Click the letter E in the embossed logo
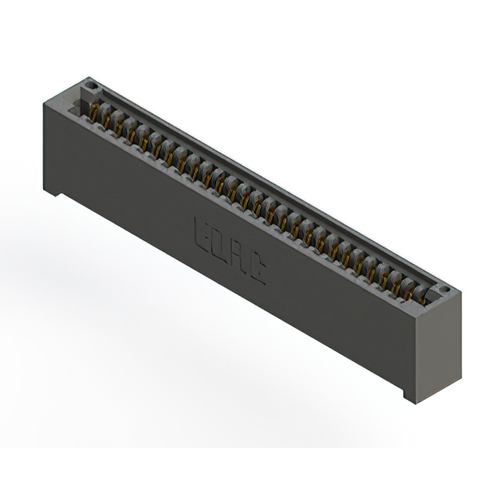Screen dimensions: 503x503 [200, 233]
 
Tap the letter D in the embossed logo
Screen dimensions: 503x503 [219, 244]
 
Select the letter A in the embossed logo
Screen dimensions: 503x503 [238, 257]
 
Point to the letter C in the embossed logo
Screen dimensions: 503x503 [256, 270]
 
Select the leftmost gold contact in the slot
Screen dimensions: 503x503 [96, 111]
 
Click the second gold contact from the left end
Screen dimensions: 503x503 [108, 117]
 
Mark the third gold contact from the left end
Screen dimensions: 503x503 [120, 124]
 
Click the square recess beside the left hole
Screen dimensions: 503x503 [81, 94]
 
